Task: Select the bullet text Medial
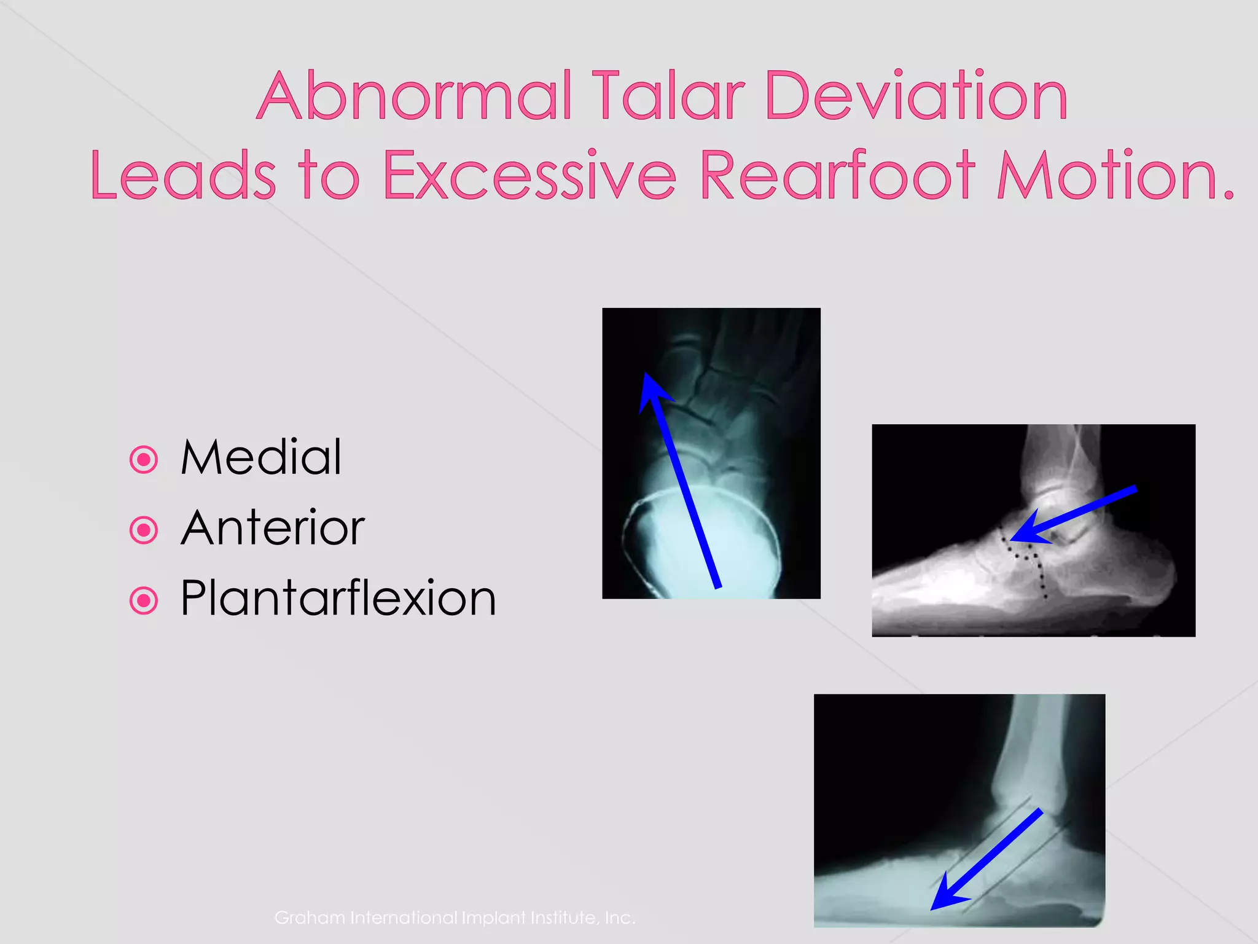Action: click(261, 457)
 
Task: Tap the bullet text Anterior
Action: click(273, 528)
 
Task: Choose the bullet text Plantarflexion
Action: click(338, 599)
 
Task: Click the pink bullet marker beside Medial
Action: click(144, 459)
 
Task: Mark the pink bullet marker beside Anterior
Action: click(144, 530)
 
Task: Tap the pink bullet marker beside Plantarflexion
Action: click(144, 600)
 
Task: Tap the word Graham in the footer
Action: click(310, 918)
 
